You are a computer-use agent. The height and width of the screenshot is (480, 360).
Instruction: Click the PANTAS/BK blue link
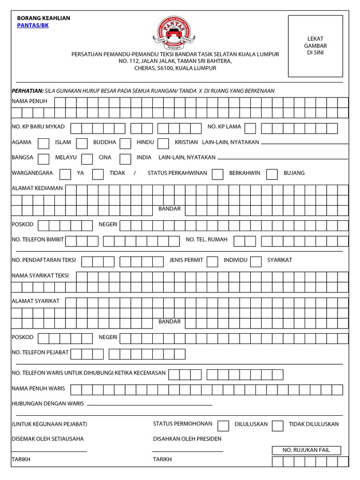tap(32, 25)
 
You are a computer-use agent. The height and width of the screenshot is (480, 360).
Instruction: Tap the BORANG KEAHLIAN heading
tap(43, 18)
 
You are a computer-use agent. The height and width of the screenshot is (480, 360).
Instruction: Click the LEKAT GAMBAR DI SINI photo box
tap(315, 46)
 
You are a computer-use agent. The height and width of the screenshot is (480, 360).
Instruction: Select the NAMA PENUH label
tap(28, 101)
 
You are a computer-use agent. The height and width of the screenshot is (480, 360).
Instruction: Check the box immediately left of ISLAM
tap(43, 143)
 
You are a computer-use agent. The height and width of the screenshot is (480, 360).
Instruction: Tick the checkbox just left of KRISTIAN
tap(163, 143)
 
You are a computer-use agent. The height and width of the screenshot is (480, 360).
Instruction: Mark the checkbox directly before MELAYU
tap(43, 158)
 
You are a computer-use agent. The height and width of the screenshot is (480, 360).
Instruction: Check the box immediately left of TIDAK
tap(98, 174)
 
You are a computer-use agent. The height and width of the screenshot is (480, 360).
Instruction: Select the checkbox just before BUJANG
tap(272, 174)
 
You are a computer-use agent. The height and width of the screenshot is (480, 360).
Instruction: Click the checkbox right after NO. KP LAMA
tap(250, 128)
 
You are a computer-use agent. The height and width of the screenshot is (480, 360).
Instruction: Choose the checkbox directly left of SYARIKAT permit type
tap(255, 261)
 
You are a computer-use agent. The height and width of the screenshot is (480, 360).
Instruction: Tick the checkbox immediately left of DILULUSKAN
tap(223, 425)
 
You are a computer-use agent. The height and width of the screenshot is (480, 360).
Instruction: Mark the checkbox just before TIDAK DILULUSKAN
tap(277, 425)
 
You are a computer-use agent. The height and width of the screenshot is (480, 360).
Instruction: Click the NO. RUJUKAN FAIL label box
tap(306, 450)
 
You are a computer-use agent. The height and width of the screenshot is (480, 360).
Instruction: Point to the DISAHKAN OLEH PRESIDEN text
tap(187, 439)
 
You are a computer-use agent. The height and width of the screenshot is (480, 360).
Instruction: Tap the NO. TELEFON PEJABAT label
tap(40, 352)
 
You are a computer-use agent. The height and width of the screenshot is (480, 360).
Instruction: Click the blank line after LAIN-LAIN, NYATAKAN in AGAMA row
tap(304, 143)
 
